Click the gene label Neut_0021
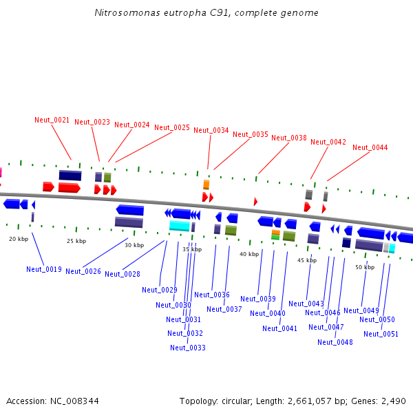[x=52, y=120]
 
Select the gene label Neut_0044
[x=370, y=147]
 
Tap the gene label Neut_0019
[x=44, y=269]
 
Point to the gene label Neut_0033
[x=188, y=348]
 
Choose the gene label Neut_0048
[x=335, y=342]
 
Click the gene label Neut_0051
[x=381, y=334]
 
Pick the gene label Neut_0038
[x=289, y=138]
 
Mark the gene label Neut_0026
[x=83, y=271]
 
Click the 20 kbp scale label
[x=19, y=239]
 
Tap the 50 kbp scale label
[x=365, y=267]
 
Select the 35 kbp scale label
[x=192, y=249]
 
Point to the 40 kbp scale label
[x=249, y=254]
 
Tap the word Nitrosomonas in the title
[x=123, y=13]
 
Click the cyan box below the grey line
[x=180, y=226]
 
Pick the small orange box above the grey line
[x=206, y=184]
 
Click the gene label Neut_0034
[x=211, y=130]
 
